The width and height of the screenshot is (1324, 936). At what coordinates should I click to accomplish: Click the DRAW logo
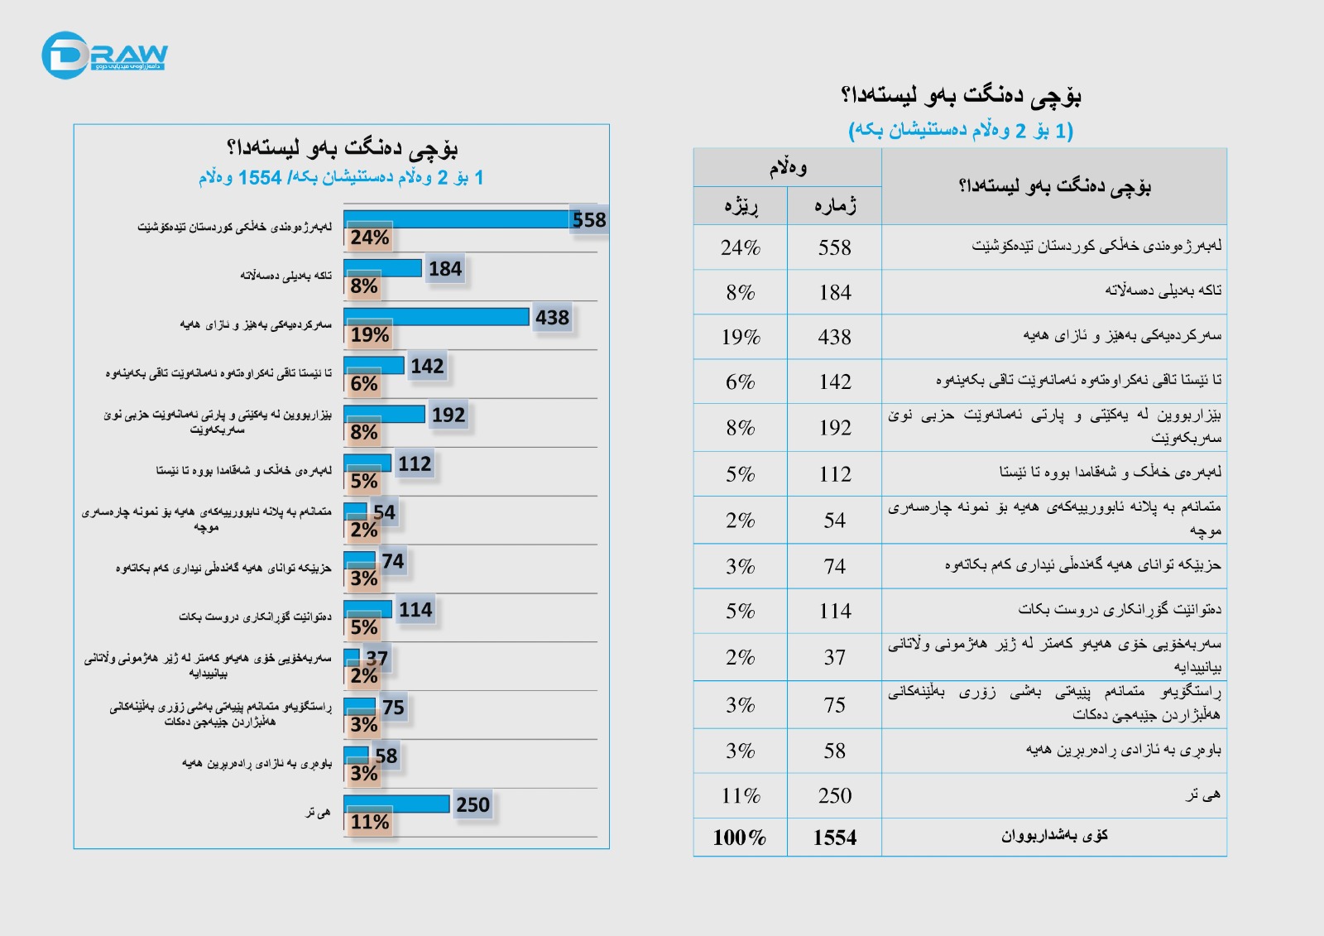pos(103,55)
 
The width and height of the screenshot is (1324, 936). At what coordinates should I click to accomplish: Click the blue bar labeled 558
pos(456,219)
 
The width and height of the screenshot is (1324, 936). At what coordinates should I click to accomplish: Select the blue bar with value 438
pos(436,317)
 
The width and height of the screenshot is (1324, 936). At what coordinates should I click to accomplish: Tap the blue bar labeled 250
pos(396,804)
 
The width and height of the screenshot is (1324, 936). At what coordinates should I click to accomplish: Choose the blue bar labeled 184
pos(382,268)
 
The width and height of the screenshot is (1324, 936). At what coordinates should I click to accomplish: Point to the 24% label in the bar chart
pos(369,238)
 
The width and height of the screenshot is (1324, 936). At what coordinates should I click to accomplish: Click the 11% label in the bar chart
pos(369,823)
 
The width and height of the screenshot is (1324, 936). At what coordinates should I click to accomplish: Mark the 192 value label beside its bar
pos(449,415)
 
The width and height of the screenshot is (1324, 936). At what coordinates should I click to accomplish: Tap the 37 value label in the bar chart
pos(377,659)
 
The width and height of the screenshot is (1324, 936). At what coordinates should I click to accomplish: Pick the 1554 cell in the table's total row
pos(834,838)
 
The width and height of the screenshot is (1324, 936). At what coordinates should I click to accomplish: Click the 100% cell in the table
pos(740,838)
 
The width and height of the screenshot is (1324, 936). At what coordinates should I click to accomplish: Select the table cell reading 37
pos(834,657)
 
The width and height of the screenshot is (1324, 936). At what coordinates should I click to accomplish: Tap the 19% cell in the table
pos(740,337)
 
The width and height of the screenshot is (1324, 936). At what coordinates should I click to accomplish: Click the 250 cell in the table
pos(834,795)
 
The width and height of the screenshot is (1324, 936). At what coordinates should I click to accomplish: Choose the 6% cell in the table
pos(740,382)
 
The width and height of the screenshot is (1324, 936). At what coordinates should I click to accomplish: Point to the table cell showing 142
pos(834,382)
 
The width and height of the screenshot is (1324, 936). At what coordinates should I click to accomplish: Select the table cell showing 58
pos(834,751)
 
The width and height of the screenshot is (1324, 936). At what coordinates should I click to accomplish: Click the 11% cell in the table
pos(740,795)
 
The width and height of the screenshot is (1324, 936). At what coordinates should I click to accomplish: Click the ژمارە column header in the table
pos(834,205)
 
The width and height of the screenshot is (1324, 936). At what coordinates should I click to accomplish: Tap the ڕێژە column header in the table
pos(741,205)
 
